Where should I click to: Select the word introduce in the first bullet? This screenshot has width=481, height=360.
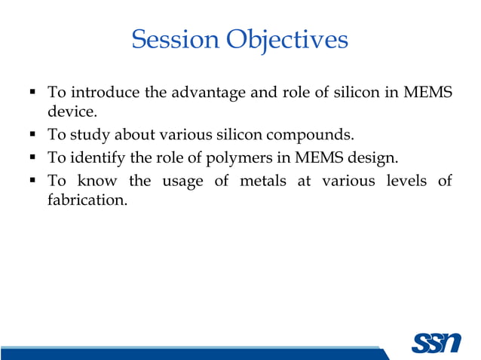point(103,93)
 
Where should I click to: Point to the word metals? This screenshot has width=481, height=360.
point(268,182)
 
